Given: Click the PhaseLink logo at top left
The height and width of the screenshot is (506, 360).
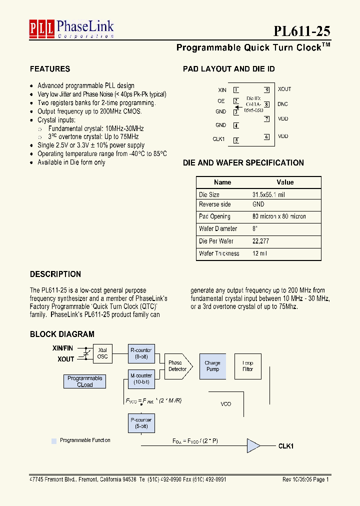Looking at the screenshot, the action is (x=71, y=28).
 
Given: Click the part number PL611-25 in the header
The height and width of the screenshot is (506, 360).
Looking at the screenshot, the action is (x=301, y=31).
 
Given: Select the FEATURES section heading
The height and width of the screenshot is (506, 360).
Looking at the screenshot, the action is (x=50, y=69).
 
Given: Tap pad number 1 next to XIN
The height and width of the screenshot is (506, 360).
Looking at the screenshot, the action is (x=235, y=90).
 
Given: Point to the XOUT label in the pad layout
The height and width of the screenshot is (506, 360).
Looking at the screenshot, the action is (x=284, y=89).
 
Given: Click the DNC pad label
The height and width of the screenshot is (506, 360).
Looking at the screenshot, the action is (x=283, y=104).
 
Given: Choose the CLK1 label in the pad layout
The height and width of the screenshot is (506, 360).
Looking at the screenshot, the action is (x=219, y=139).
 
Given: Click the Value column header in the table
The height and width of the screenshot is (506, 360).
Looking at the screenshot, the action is (x=285, y=182).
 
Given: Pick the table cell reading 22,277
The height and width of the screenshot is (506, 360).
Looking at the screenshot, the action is (x=261, y=241).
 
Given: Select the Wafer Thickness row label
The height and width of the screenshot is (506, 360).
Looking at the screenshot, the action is (x=219, y=253).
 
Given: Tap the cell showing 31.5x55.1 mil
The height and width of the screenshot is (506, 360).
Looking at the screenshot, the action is (x=268, y=194).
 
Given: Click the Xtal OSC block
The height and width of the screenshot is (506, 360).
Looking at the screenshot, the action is (x=102, y=353).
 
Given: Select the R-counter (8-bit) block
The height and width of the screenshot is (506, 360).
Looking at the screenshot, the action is (x=141, y=353).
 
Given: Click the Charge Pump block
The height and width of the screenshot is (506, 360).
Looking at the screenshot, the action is (x=212, y=366).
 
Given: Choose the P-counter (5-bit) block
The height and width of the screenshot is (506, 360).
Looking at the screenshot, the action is (x=141, y=423).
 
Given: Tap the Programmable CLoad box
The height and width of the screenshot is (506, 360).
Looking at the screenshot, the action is (x=85, y=381).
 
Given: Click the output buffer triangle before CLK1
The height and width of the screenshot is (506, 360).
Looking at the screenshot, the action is (x=253, y=445).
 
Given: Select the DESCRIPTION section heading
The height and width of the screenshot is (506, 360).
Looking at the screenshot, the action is (x=55, y=274).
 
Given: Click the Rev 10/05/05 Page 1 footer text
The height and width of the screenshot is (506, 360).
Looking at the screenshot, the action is (x=305, y=479).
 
